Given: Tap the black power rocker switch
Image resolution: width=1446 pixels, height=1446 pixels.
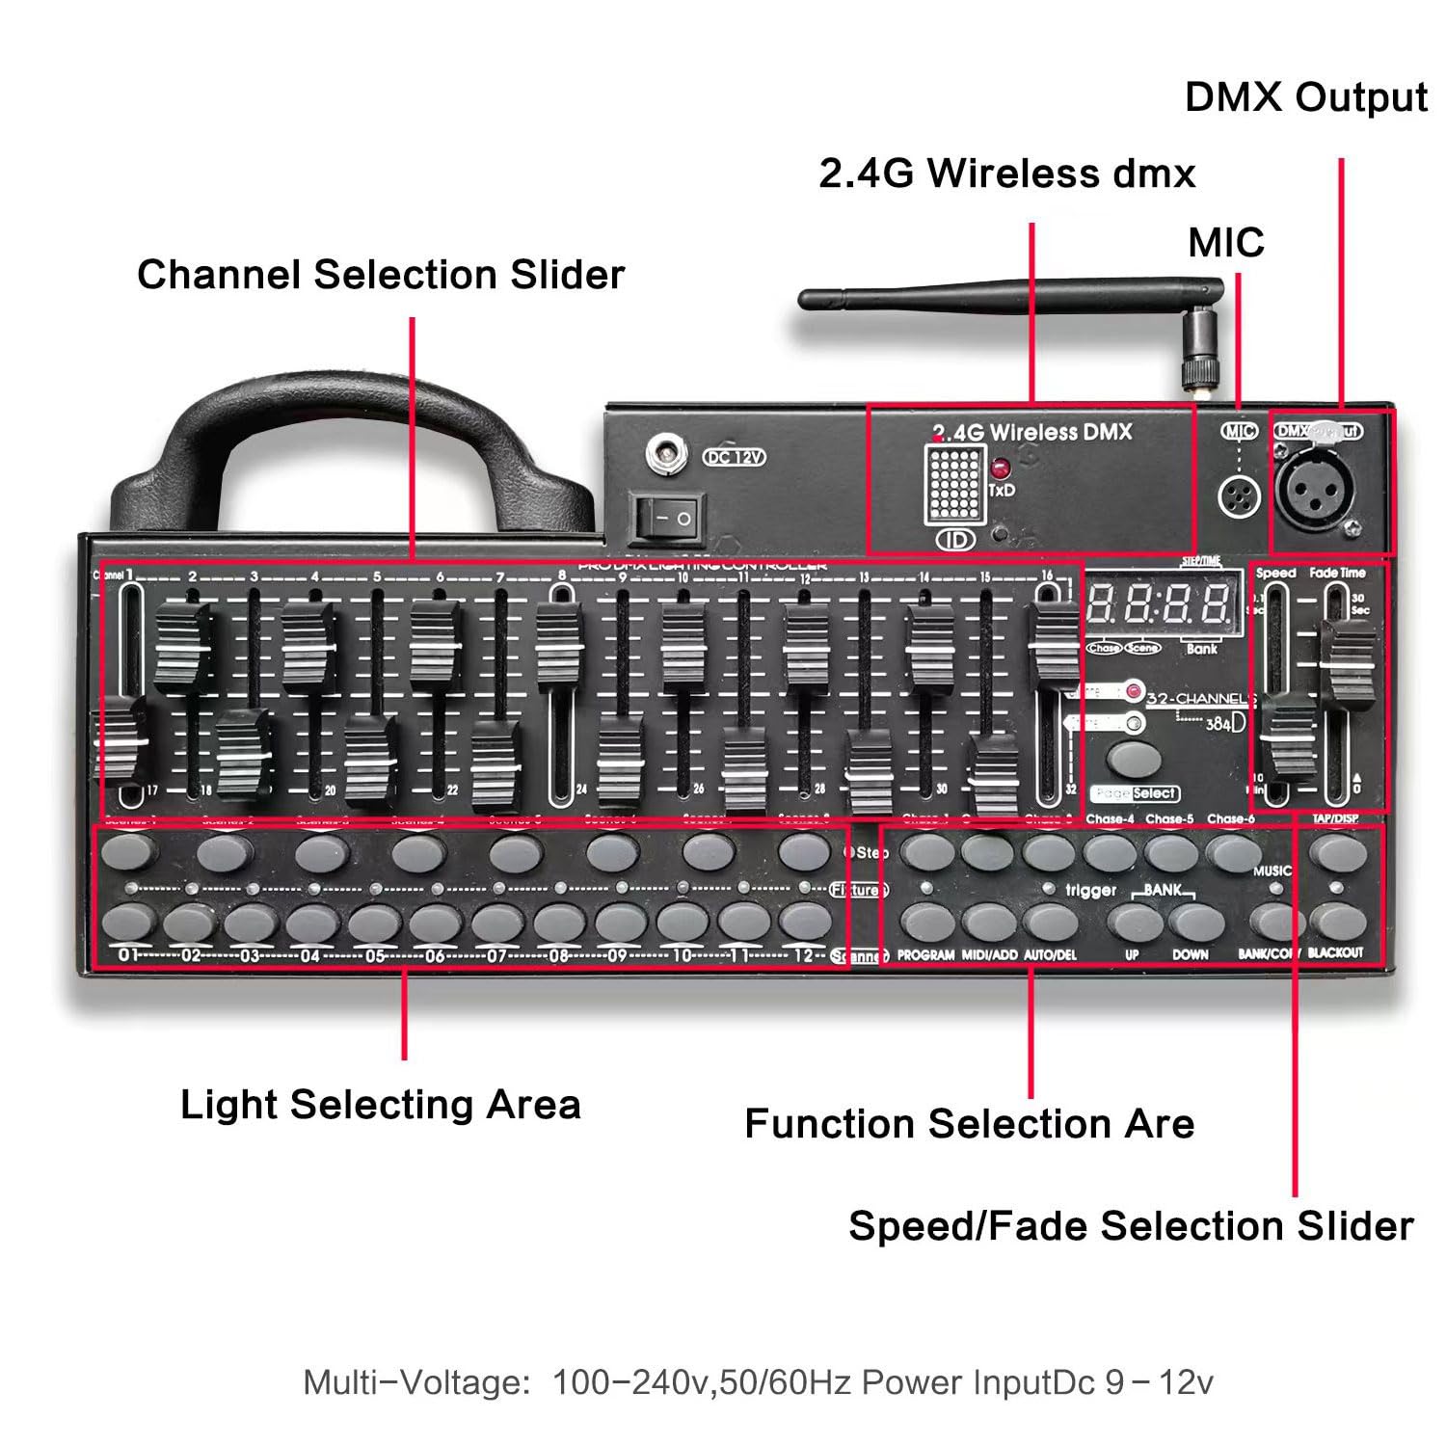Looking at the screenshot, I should tap(666, 518).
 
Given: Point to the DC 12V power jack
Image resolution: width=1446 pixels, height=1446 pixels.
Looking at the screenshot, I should tap(663, 453).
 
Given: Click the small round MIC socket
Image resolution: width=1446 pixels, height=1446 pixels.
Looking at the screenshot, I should tap(1239, 497).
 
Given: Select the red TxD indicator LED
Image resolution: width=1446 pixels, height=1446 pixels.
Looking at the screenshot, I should tap(1000, 470).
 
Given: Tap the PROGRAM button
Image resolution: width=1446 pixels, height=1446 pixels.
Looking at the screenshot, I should tap(926, 922).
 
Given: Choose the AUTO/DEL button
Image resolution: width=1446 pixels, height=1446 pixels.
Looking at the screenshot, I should tap(1050, 922).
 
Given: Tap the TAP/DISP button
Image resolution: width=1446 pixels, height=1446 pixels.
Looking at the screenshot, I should tap(1337, 852).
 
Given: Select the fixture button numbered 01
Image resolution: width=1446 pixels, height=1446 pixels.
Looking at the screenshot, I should tap(128, 922).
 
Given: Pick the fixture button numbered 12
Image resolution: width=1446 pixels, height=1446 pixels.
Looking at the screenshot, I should tap(804, 922).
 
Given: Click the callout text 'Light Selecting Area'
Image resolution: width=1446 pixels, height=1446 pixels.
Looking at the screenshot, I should tap(381, 1105).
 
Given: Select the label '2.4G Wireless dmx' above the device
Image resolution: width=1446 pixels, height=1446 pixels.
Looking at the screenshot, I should tap(1006, 174).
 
